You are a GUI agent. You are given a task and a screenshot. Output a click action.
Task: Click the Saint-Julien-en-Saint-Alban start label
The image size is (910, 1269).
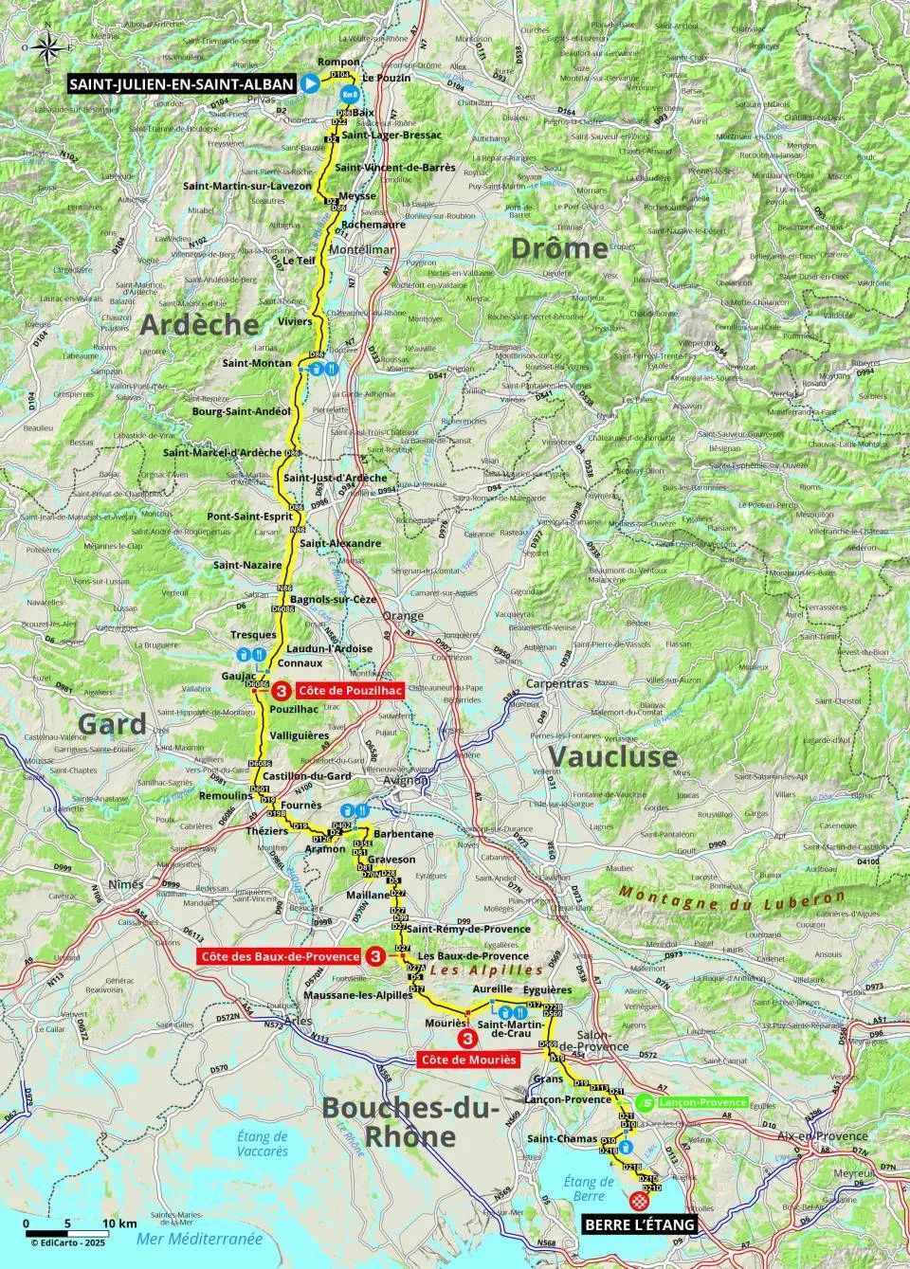pos(181,84)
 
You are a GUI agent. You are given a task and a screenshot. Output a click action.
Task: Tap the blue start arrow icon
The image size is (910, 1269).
pos(309,84)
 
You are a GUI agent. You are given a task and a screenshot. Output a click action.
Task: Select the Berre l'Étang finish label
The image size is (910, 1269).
pos(635,1225)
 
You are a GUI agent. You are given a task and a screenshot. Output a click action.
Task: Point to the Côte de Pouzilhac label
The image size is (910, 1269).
pos(350,691)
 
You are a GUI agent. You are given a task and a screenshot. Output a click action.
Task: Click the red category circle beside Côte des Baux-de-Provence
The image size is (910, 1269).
pos(375,957)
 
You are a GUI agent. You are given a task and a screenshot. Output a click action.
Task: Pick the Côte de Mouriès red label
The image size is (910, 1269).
pos(469,1059)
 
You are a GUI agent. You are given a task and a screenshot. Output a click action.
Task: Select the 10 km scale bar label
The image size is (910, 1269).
pos(119,1224)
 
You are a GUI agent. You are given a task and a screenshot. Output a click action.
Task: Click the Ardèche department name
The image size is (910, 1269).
pos(199,324)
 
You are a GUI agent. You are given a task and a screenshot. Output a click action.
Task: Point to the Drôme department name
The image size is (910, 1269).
pos(559,248)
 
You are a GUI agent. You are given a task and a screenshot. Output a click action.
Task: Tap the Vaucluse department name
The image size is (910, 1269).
pos(613,756)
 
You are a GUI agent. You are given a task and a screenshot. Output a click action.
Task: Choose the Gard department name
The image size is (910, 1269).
pos(112,725)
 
